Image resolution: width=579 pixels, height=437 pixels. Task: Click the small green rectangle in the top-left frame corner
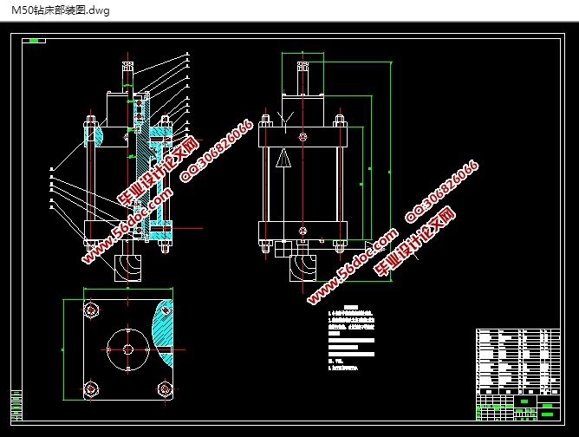tap(34, 40)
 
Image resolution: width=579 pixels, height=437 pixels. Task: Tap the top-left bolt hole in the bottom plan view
tap(91, 310)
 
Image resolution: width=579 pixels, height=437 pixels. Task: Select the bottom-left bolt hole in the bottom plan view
tap(91, 388)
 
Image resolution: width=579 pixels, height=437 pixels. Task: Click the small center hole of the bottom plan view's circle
tap(128, 349)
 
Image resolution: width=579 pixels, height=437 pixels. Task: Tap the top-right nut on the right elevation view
tap(340, 121)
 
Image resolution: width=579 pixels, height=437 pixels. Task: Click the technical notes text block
tap(350, 338)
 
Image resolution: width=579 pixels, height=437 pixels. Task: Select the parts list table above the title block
tap(517, 360)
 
